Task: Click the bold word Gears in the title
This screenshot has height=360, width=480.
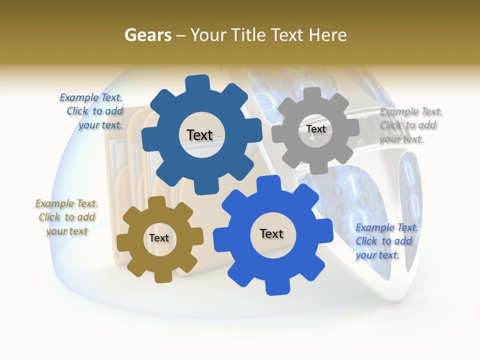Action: pos(147,35)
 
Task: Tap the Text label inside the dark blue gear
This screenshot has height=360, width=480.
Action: pos(199,135)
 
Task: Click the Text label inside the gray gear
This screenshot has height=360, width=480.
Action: pos(315,129)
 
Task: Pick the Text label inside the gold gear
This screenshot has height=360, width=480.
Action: pos(159,238)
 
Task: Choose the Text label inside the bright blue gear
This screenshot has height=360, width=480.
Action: pos(271,234)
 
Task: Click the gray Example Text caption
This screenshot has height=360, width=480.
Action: pos(410,125)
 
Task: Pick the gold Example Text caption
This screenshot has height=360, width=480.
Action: pos(67,217)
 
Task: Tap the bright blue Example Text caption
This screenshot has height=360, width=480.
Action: pos(386,241)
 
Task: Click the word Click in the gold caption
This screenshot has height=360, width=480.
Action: pos(49,217)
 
